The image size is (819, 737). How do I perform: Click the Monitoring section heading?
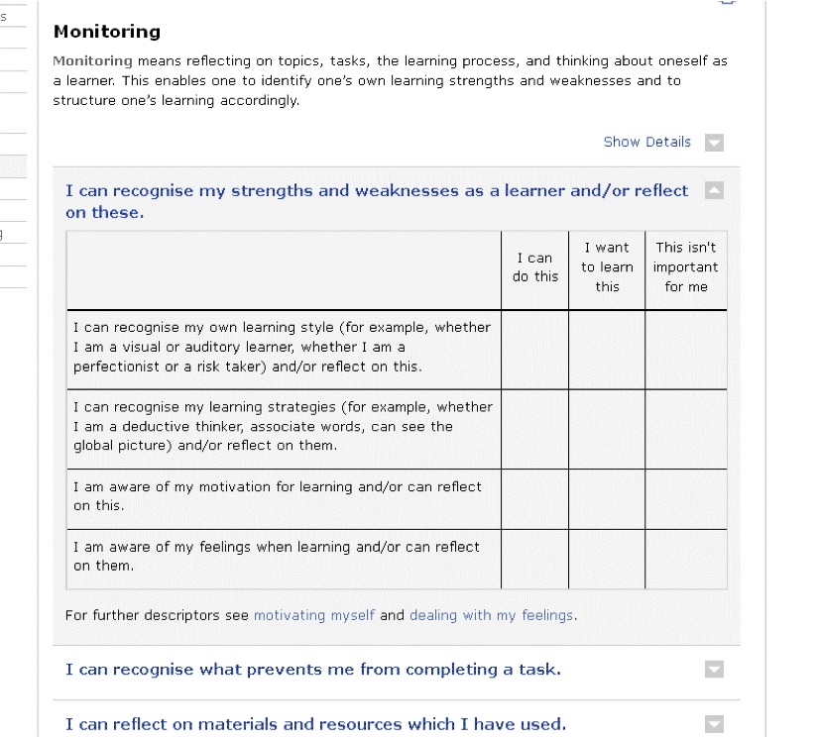[x=106, y=33]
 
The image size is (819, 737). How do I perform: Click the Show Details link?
[x=646, y=142]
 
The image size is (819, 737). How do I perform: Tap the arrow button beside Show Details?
[x=714, y=143]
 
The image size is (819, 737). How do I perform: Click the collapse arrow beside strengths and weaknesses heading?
[x=714, y=190]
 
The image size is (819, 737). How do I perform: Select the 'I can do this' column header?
[x=534, y=267]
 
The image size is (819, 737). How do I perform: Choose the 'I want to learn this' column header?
[x=607, y=267]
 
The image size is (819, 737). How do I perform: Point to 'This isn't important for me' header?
[x=685, y=267]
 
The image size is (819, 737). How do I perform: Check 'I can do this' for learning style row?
[x=534, y=349]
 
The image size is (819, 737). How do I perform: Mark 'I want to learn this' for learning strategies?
[x=607, y=428]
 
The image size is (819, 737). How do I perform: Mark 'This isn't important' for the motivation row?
[x=685, y=498]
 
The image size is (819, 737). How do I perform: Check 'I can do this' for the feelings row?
[x=534, y=558]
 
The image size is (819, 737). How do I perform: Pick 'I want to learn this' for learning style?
[x=607, y=349]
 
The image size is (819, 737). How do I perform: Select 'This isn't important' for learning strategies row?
[x=685, y=428]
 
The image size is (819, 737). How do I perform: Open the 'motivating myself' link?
[x=314, y=615]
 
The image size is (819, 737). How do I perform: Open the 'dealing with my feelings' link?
[x=491, y=615]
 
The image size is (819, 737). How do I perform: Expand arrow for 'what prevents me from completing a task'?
[x=714, y=670]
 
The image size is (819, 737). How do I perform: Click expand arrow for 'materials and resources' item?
[x=714, y=724]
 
